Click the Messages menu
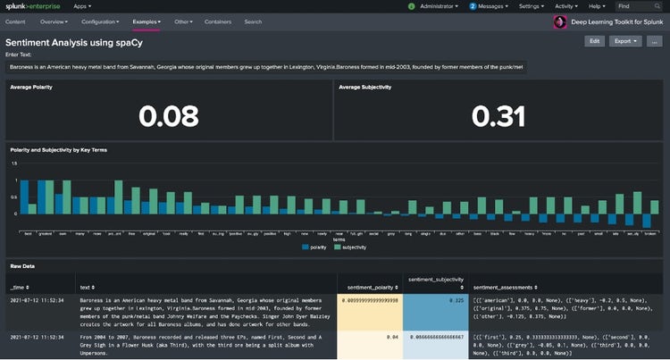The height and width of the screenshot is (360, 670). (492, 5)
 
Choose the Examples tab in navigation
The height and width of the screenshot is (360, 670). (147, 21)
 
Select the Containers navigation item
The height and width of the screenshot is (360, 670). (217, 21)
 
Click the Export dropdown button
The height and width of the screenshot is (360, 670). (623, 41)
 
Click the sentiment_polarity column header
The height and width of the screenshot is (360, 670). (370, 287)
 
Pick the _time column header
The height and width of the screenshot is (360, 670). (21, 287)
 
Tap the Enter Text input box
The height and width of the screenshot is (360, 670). (266, 65)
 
